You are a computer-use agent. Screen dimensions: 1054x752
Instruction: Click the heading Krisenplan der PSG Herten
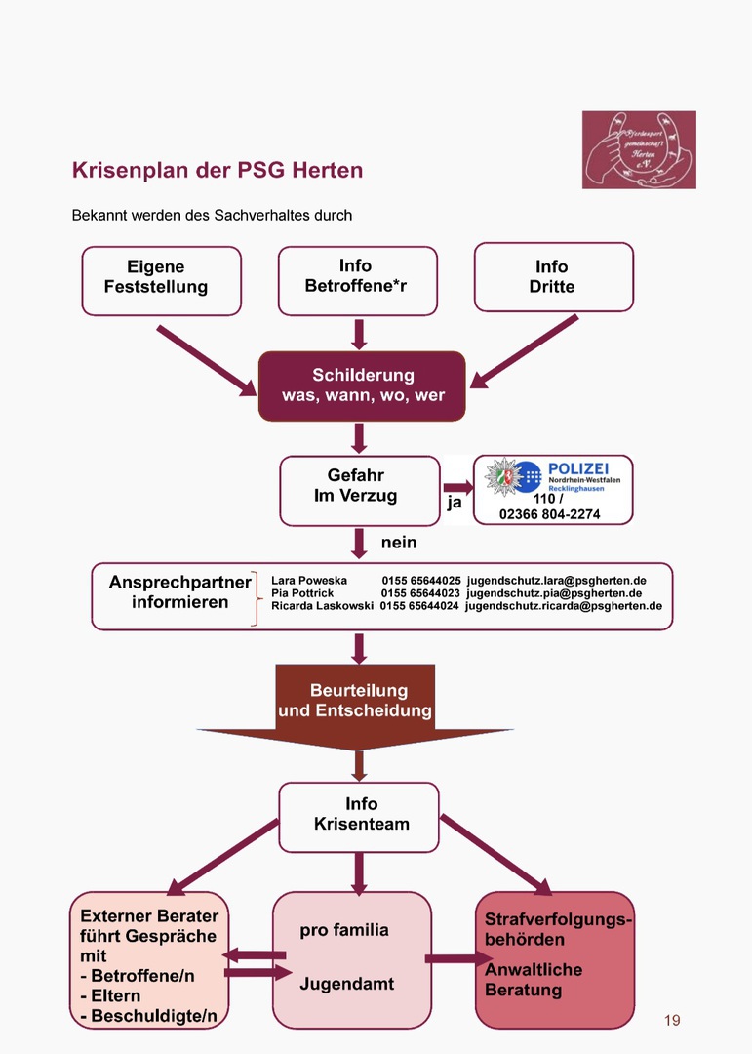click(218, 170)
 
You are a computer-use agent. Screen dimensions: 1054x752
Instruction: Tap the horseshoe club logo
click(639, 149)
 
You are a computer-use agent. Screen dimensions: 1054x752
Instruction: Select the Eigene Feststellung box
click(161, 280)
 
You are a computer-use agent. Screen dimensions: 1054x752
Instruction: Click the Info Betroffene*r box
click(357, 280)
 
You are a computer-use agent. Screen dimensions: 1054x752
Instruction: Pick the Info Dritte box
click(553, 278)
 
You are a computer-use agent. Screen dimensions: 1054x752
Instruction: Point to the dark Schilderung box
click(362, 385)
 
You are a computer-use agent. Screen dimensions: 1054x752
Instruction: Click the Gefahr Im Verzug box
click(359, 490)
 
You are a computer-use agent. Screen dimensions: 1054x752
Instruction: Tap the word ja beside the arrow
click(455, 504)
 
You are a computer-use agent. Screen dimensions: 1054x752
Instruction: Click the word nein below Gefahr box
click(398, 542)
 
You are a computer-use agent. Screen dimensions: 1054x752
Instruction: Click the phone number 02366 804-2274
click(550, 514)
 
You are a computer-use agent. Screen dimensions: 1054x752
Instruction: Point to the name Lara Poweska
click(309, 581)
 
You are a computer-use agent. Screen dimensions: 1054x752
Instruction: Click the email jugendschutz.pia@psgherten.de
click(554, 593)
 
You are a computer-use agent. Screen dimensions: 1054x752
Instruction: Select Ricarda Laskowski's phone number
click(419, 606)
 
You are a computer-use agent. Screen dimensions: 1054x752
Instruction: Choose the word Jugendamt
click(346, 984)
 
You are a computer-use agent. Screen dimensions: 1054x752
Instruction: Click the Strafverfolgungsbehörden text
click(557, 929)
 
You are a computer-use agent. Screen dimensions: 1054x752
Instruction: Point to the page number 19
click(672, 1021)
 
